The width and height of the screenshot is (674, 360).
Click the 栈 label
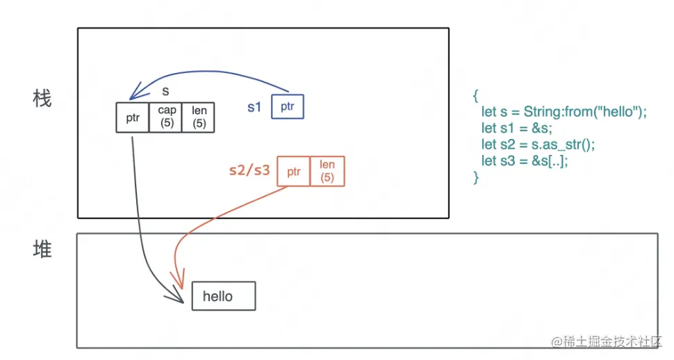(42, 99)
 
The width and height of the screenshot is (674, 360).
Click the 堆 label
(42, 249)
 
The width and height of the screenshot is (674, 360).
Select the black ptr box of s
(133, 117)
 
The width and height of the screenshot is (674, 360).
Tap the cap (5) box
(166, 117)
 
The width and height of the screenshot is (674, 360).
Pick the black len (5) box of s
(199, 117)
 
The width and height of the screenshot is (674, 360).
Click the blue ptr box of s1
(287, 107)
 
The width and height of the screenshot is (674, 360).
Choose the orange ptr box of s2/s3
(293, 171)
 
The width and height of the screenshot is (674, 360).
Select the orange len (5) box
(327, 170)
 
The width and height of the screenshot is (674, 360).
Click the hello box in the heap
(223, 297)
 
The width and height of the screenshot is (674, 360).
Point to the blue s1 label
(254, 108)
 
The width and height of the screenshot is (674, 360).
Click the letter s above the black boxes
(166, 92)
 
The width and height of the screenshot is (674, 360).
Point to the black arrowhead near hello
(179, 297)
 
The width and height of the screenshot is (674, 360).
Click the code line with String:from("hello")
(564, 112)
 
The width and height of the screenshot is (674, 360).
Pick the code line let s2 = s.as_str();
(539, 145)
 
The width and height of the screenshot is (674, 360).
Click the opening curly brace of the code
(475, 96)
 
